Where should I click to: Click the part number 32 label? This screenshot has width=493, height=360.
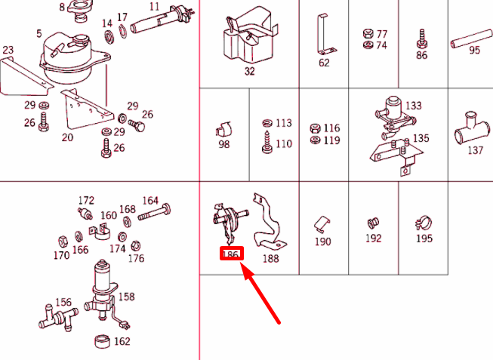pyautogui.click(x=249, y=72)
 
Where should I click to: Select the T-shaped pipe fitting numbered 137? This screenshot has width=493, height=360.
pyautogui.click(x=473, y=129)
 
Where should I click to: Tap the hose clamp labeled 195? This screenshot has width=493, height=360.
pyautogui.click(x=424, y=223)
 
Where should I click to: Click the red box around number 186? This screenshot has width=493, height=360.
pyautogui.click(x=232, y=254)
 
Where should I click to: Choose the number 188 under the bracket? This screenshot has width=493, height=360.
pyautogui.click(x=271, y=258)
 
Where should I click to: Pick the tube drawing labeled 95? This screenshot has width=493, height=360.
pyautogui.click(x=472, y=38)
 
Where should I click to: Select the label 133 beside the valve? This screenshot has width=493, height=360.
pyautogui.click(x=414, y=106)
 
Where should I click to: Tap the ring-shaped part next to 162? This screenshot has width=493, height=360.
pyautogui.click(x=102, y=341)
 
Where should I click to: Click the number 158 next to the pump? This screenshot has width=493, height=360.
pyautogui.click(x=126, y=297)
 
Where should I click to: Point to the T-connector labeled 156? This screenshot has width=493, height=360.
pyautogui.click(x=58, y=318)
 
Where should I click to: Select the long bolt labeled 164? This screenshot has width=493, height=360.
pyautogui.click(x=154, y=212)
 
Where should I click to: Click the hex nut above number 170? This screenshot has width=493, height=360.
pyautogui.click(x=63, y=242)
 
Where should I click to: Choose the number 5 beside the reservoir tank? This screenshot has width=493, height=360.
pyautogui.click(x=39, y=34)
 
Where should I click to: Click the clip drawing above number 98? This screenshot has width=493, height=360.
pyautogui.click(x=223, y=129)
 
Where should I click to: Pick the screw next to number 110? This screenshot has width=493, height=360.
pyautogui.click(x=267, y=143)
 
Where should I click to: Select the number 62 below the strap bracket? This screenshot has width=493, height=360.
pyautogui.click(x=324, y=63)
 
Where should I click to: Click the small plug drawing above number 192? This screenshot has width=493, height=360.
pyautogui.click(x=373, y=223)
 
